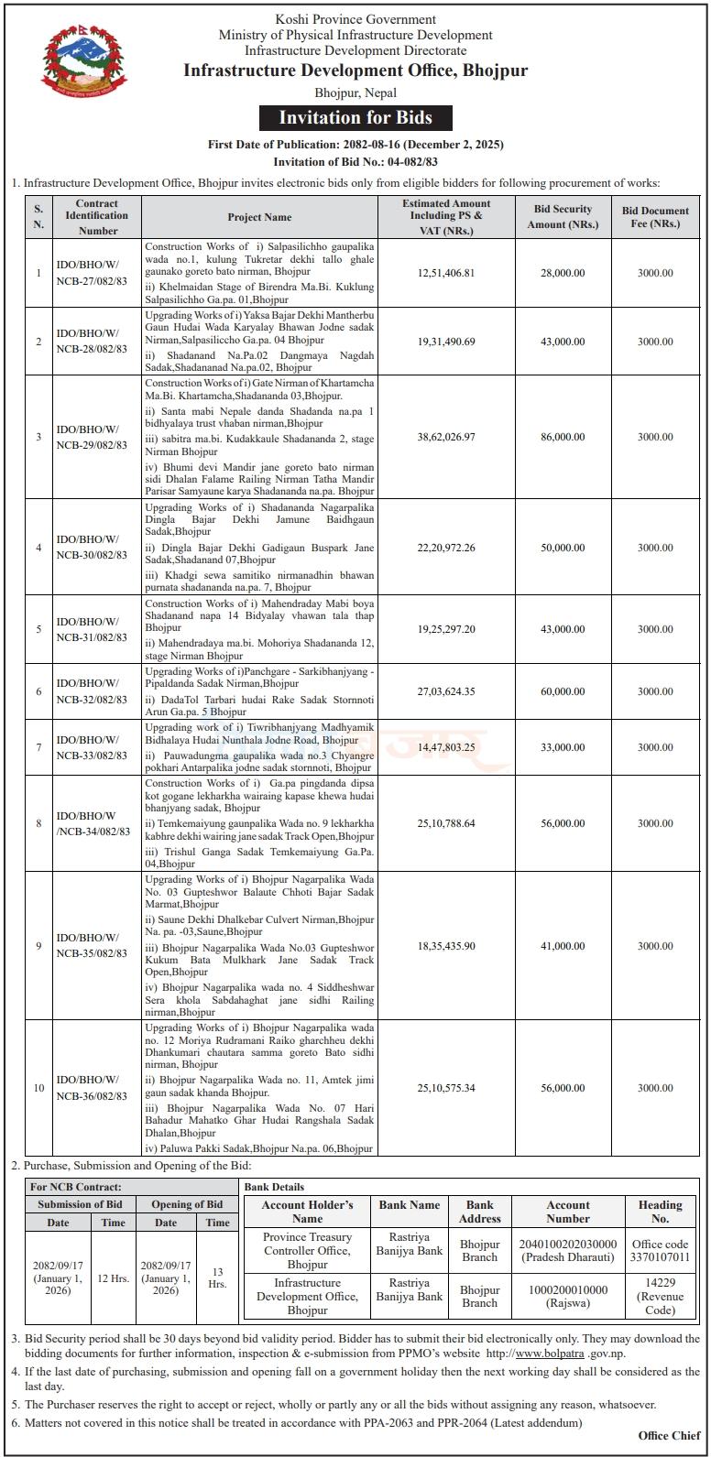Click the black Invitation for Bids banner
point(355,118)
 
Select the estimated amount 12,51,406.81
point(446,273)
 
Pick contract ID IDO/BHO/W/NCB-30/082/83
point(92,548)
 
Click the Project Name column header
point(259,217)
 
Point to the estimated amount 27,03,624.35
point(446,691)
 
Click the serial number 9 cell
point(38,946)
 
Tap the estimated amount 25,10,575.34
point(446,1088)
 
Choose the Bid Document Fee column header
point(655,217)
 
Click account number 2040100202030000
point(568,1244)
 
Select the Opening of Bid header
point(187,1204)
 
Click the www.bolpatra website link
point(524,1352)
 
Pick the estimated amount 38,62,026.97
point(446,437)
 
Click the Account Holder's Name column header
point(307,1212)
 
